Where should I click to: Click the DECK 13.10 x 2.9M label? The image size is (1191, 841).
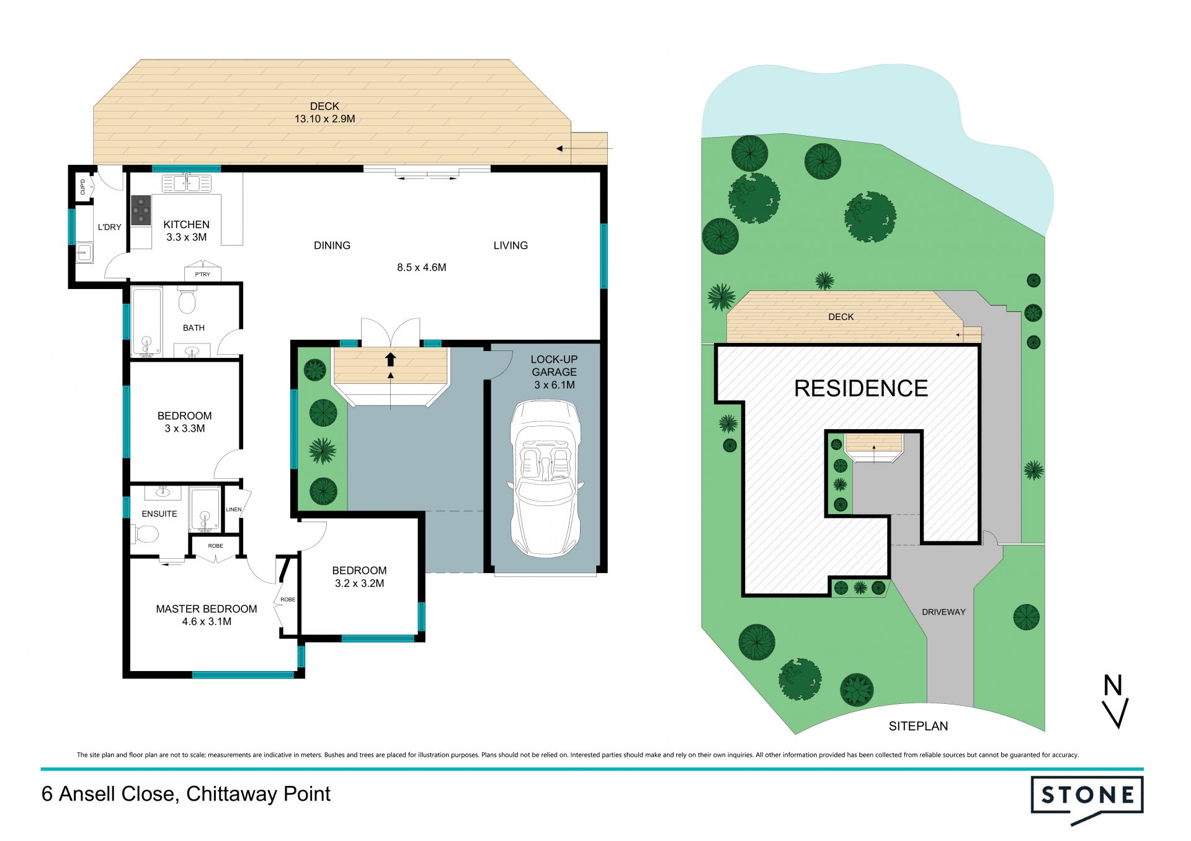[324, 112]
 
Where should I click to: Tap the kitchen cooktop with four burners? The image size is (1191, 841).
[141, 211]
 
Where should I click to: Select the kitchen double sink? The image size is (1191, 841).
[186, 184]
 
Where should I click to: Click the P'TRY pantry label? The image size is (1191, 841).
[203, 274]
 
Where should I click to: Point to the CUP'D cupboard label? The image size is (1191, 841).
[83, 187]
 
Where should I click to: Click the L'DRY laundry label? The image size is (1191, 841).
[110, 227]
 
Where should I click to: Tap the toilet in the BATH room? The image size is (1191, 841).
[187, 300]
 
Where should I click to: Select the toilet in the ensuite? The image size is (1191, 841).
[145, 533]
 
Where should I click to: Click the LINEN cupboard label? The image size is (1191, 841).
[234, 510]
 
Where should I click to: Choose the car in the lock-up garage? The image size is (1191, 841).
[545, 478]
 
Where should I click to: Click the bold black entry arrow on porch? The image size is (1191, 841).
[390, 359]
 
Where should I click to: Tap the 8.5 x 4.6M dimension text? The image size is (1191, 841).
[422, 267]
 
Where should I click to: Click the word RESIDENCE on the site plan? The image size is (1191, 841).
[861, 388]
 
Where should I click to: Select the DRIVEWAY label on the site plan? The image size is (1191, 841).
[943, 612]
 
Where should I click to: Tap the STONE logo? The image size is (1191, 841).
[1087, 799]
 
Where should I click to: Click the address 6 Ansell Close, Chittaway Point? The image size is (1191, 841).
[186, 794]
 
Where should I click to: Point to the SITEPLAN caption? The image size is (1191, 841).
[918, 726]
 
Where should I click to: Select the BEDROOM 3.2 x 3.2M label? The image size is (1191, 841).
[359, 577]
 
